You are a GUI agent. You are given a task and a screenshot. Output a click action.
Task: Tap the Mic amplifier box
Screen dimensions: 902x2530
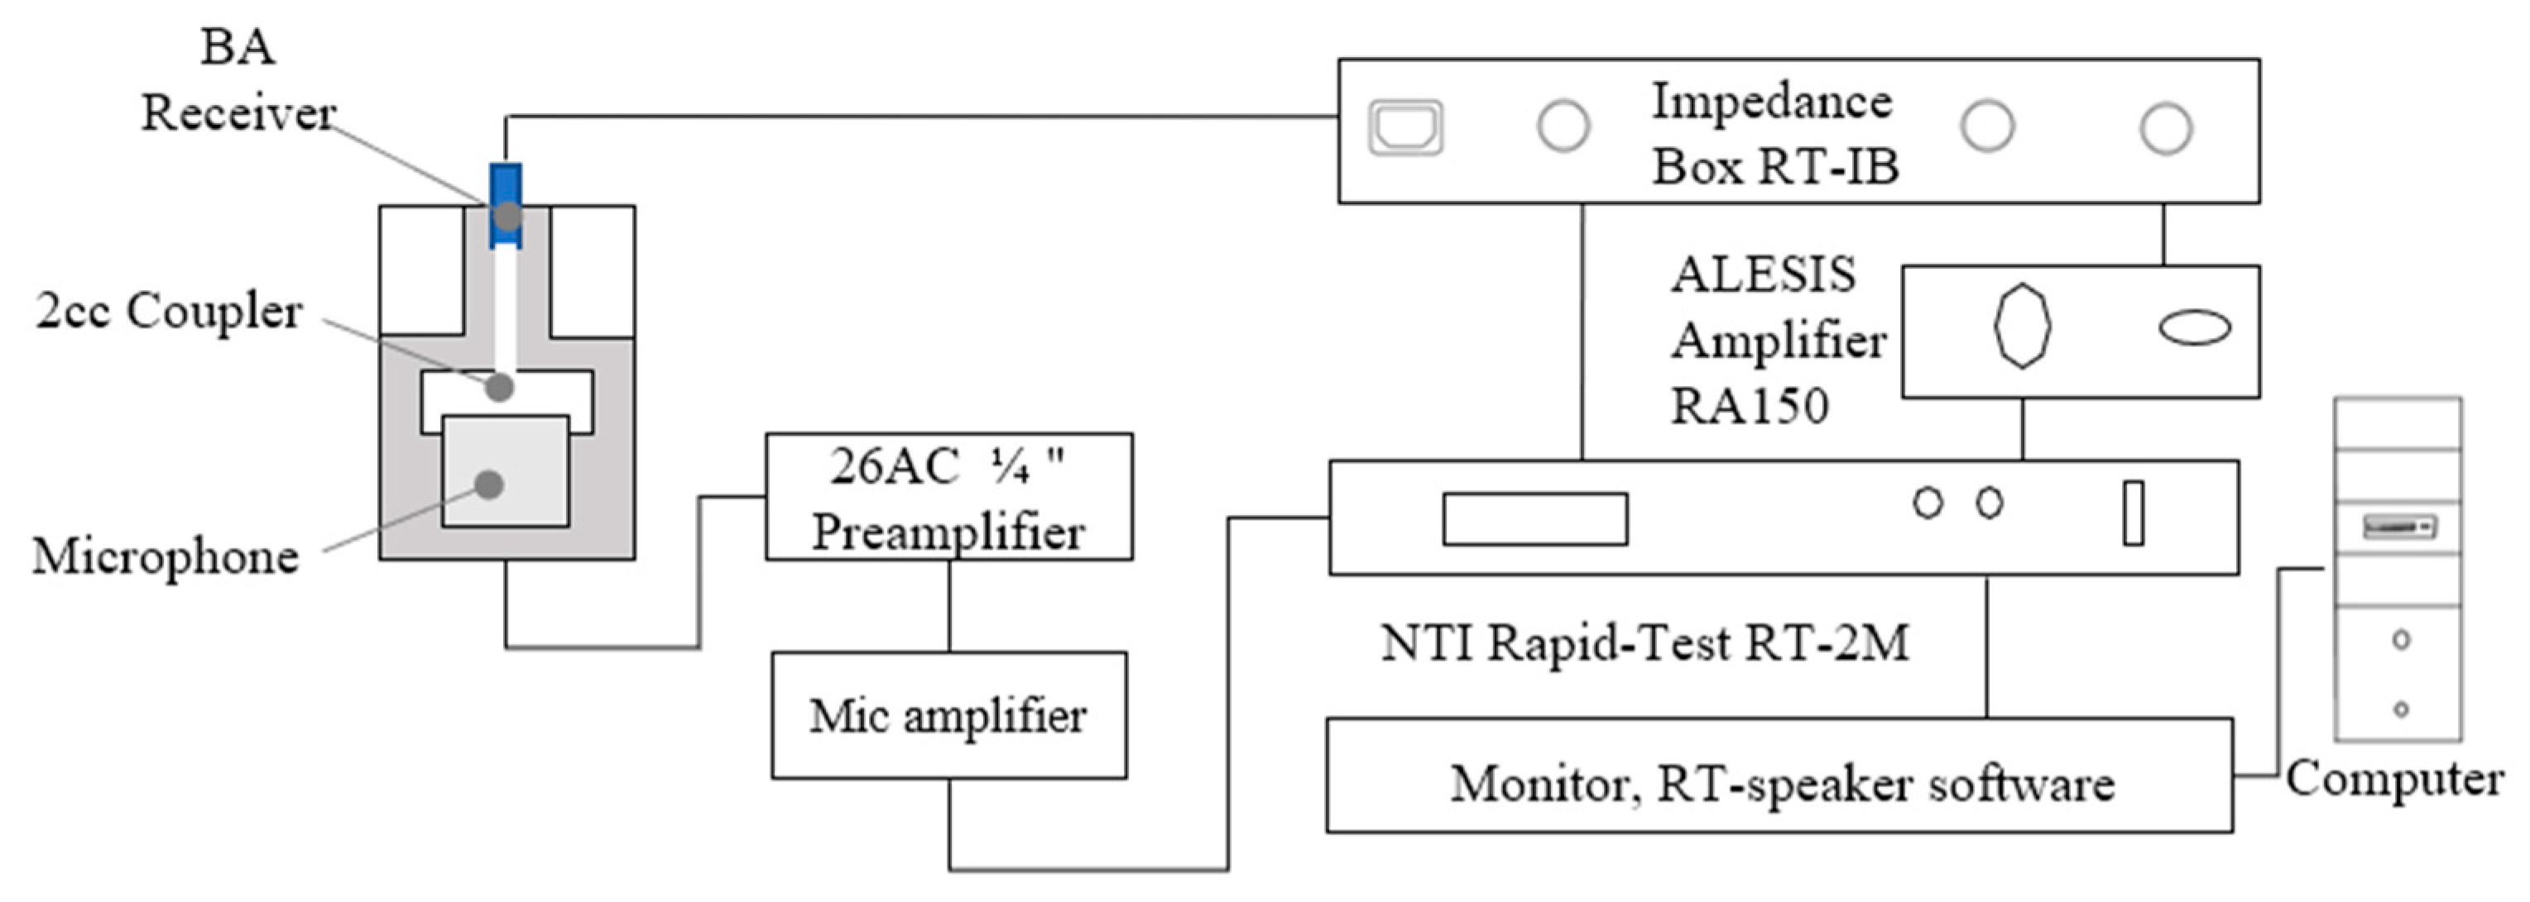point(948,715)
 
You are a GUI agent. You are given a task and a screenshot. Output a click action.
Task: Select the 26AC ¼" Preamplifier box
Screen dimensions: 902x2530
point(948,497)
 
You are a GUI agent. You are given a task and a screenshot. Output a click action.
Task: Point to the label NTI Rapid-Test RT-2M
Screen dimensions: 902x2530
point(1645,644)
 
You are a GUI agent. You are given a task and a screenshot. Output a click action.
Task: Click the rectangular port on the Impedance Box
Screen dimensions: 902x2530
point(1405,127)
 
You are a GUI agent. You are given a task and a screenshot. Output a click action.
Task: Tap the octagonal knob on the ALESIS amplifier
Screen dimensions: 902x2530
point(2022,326)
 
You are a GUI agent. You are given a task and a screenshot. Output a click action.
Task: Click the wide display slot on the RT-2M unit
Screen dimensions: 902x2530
point(1534,518)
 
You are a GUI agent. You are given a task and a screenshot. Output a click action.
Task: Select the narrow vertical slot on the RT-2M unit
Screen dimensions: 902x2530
point(2134,513)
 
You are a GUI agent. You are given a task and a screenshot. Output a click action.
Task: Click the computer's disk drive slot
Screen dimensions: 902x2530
point(2399,527)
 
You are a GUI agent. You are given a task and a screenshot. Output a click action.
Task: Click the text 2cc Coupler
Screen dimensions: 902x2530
point(169,313)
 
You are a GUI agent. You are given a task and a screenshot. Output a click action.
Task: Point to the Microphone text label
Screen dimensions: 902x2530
point(165,556)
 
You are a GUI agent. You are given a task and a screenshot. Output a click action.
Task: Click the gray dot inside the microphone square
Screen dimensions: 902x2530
point(489,484)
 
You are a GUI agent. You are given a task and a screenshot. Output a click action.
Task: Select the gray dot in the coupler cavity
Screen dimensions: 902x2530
point(500,387)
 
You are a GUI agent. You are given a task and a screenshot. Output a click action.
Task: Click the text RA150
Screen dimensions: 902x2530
point(1750,406)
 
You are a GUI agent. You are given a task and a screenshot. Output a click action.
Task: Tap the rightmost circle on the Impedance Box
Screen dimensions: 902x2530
point(2166,129)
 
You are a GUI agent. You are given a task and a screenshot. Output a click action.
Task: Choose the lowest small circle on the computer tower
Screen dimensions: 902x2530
point(2400,709)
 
